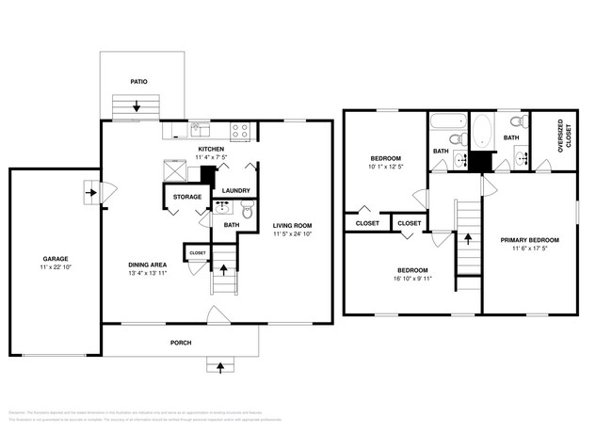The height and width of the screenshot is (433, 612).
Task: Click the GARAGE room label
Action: [x=54, y=258]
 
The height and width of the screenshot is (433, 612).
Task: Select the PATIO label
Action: [x=138, y=82]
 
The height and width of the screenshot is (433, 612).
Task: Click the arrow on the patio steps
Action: [x=138, y=107]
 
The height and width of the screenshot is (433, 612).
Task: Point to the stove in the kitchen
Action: [x=239, y=130]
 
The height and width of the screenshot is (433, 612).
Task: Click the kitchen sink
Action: [x=200, y=130]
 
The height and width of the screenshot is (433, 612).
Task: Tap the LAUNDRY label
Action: [x=235, y=191]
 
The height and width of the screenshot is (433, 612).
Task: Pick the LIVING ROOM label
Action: [x=292, y=226]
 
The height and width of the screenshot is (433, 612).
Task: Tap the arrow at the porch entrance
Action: [x=221, y=364]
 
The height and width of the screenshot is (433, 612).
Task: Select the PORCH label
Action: [x=182, y=343]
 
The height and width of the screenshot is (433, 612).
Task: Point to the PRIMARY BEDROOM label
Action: [x=530, y=240]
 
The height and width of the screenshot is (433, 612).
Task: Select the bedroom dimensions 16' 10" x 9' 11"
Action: [x=411, y=279]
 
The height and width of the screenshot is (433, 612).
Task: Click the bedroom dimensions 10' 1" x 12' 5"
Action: [x=386, y=168]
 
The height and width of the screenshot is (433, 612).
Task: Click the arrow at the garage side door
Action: [x=90, y=194]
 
